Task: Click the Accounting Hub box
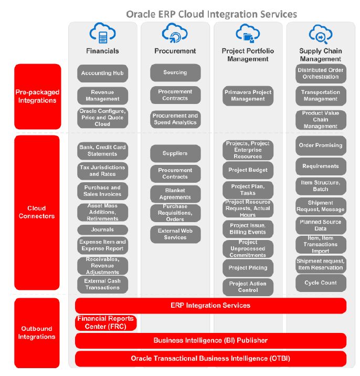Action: (102, 73)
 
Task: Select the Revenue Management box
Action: (102, 95)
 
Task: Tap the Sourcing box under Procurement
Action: (175, 72)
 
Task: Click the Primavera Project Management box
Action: (248, 96)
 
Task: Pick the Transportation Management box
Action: (320, 95)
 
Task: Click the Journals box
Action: (102, 229)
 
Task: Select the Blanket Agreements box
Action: (175, 194)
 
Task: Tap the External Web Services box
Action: (175, 234)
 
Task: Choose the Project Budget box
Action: (248, 170)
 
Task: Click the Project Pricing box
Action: (248, 268)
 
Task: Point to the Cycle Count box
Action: (320, 283)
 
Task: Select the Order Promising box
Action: (320, 145)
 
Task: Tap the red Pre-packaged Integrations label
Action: (37, 96)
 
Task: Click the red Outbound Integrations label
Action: (37, 332)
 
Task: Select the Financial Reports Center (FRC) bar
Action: (105, 322)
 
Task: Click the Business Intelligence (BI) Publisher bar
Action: (210, 340)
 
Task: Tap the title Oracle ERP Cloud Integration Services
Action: (211, 14)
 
